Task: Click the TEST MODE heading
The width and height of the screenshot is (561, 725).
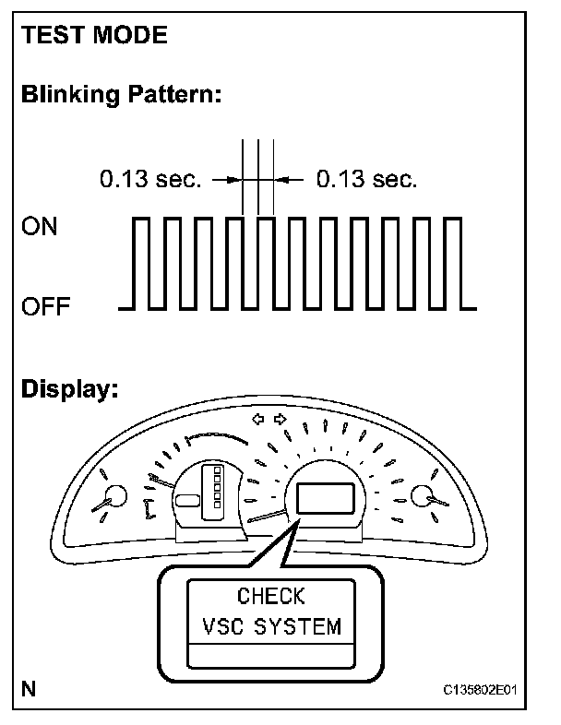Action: (x=94, y=36)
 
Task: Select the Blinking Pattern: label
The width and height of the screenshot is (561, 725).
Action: (x=121, y=95)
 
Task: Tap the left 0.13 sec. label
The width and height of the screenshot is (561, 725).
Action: (x=149, y=179)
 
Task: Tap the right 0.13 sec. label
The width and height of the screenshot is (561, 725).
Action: (x=366, y=179)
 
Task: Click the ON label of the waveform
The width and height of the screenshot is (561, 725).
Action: (x=39, y=227)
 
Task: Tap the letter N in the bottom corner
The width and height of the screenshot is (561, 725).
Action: (x=29, y=688)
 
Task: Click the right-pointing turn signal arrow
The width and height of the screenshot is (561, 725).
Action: (x=280, y=419)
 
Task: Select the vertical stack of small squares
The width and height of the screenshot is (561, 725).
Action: (x=217, y=488)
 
